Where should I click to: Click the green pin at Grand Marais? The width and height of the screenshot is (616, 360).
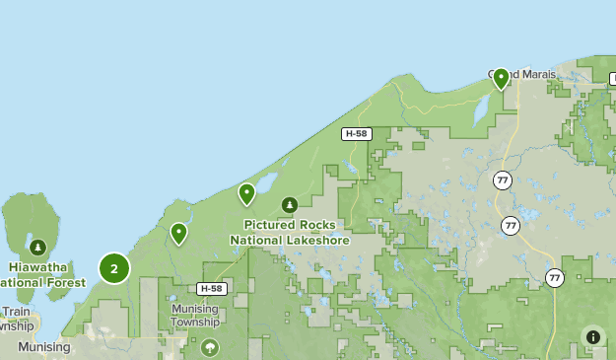[x=501, y=78]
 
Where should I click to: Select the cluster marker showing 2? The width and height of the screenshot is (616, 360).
[x=114, y=268]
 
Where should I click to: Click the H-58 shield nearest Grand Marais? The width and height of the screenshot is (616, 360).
[x=357, y=133]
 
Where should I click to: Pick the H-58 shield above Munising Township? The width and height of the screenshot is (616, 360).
[x=210, y=289]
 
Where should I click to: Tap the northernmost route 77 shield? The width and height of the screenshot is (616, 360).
[x=503, y=180]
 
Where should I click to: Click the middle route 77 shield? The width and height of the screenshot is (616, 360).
[x=510, y=225]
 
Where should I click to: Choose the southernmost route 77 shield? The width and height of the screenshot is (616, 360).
[x=554, y=278]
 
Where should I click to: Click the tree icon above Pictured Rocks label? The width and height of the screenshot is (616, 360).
[x=289, y=205]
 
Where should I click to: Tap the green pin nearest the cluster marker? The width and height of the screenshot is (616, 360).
[x=178, y=234]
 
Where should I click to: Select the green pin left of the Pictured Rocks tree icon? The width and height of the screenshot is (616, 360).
[x=246, y=193]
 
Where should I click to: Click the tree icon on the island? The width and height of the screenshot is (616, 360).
[x=37, y=247]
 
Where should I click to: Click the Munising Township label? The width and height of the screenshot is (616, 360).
[x=194, y=315]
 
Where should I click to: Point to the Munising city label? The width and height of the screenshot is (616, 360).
[x=43, y=347]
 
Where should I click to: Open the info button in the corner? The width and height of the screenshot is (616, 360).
[x=592, y=337]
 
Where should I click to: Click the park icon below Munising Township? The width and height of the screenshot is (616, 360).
[x=209, y=347]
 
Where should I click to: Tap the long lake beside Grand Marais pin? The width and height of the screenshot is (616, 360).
[x=482, y=108]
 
